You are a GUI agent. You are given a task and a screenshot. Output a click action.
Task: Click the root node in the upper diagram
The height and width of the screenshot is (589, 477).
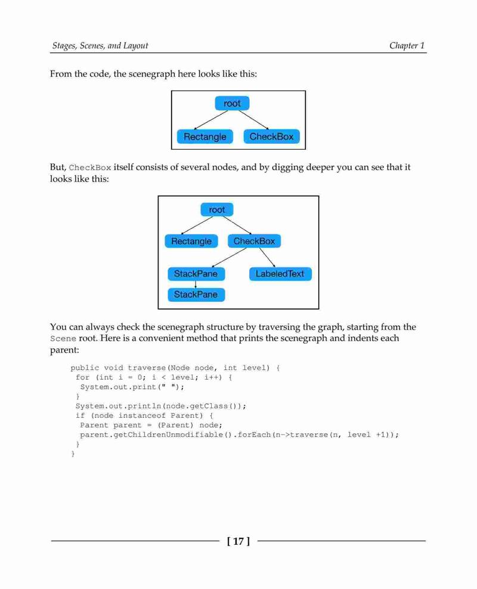232,103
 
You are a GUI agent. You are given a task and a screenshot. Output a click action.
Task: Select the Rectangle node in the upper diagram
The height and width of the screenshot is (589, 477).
205,137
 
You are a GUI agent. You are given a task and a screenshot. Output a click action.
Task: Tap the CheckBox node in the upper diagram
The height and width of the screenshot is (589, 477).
272,136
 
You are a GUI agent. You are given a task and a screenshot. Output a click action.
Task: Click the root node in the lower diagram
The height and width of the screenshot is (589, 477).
217,209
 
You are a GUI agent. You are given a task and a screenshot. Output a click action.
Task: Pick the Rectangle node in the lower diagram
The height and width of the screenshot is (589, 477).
191,241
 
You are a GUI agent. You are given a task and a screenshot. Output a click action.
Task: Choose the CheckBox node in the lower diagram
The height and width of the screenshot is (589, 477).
255,241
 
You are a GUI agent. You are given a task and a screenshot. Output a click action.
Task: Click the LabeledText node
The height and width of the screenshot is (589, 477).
280,274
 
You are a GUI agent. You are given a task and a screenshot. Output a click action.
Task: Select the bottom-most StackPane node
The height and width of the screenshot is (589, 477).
196,295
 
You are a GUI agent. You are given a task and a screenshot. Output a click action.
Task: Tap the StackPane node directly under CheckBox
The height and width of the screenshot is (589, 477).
196,274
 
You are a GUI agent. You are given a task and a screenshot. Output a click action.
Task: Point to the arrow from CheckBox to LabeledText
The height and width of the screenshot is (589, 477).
267,257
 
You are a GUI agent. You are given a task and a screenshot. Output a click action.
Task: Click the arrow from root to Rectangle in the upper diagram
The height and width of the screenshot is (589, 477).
210,120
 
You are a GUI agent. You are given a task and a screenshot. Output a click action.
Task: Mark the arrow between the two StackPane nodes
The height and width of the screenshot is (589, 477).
196,285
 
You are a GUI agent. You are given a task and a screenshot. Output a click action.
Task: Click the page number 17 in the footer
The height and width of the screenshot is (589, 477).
238,541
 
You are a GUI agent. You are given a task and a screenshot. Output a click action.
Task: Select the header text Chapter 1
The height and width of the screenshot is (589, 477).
407,45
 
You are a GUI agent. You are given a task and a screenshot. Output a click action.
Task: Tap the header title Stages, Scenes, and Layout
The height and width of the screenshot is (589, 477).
100,45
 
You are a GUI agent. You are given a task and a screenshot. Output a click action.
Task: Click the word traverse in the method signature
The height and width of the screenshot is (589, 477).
147,368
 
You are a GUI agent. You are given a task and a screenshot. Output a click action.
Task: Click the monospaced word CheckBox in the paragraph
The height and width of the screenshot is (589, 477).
90,168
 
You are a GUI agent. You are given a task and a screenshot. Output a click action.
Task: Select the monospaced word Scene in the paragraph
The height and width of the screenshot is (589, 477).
63,338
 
